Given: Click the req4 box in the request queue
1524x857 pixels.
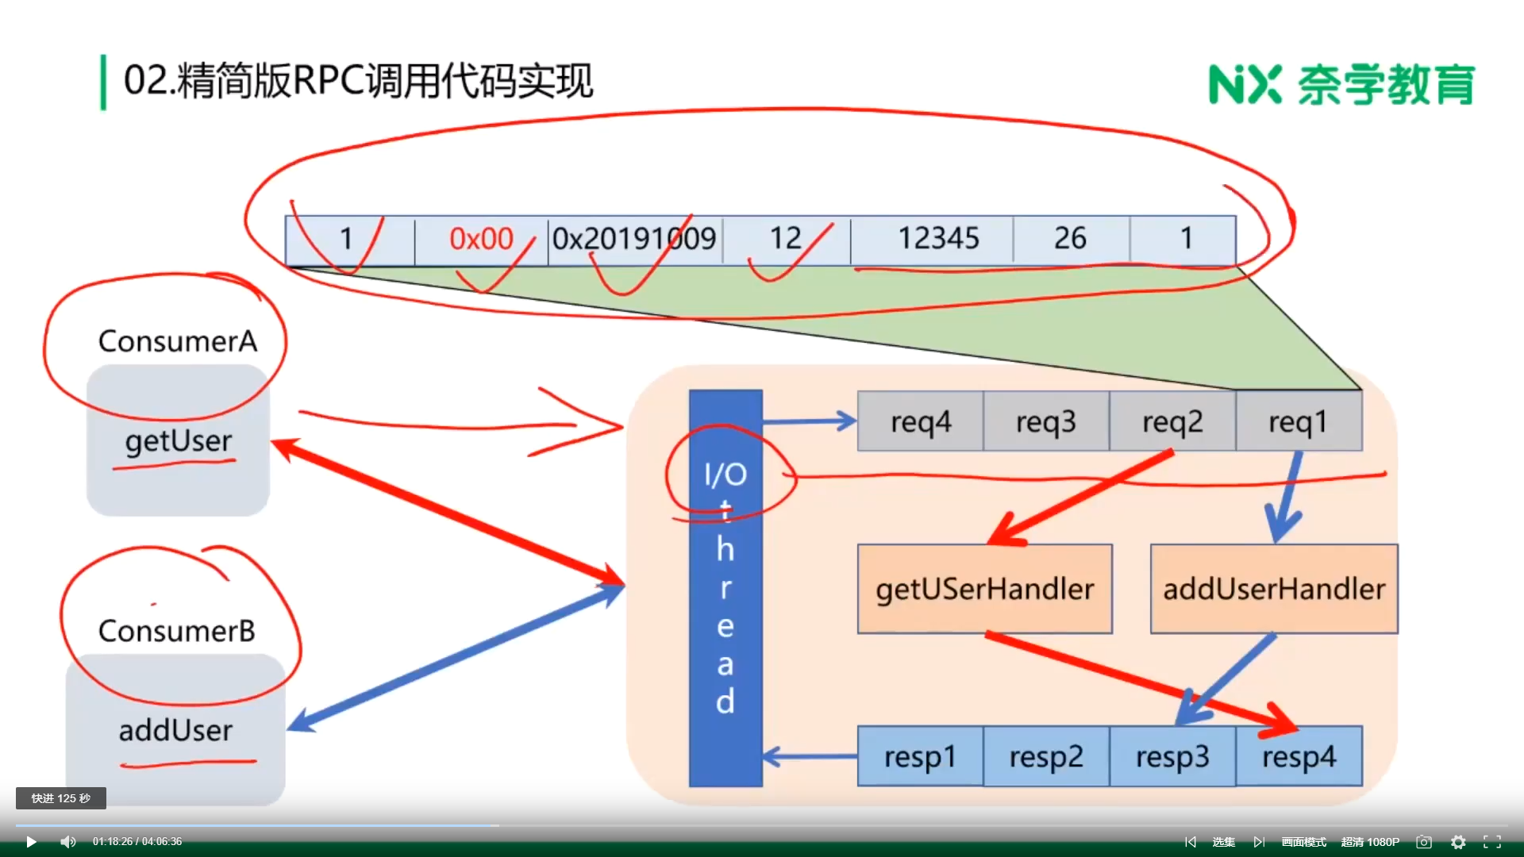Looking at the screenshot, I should [920, 421].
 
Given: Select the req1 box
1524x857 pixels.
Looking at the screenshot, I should [1299, 421].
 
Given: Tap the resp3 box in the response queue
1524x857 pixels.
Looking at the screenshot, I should [1172, 756].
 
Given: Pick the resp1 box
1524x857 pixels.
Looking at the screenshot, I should [920, 756].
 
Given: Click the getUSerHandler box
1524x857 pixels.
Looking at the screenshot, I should [984, 589].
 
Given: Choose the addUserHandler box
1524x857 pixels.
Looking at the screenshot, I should [1274, 589].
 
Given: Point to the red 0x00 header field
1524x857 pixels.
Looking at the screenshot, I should [481, 239].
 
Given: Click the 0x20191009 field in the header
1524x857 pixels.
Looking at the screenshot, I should [634, 239].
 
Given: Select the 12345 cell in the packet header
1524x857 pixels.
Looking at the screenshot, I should [938, 239].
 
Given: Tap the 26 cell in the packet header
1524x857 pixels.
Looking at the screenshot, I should [1070, 239].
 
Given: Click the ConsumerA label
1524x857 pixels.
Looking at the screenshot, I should [178, 341].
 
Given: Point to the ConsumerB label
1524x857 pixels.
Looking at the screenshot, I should [177, 631].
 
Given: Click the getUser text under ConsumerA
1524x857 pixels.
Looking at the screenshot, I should [179, 441].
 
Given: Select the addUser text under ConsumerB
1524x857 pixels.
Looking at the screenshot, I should [175, 730].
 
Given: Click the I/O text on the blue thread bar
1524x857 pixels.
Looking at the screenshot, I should [725, 475].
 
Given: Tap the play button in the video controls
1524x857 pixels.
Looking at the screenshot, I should [31, 842].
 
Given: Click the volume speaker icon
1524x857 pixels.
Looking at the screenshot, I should [68, 842].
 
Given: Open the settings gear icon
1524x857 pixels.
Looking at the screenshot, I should [1458, 842].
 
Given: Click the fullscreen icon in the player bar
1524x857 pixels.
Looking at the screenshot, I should [1492, 842].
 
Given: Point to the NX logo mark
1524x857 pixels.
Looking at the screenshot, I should [1245, 84].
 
